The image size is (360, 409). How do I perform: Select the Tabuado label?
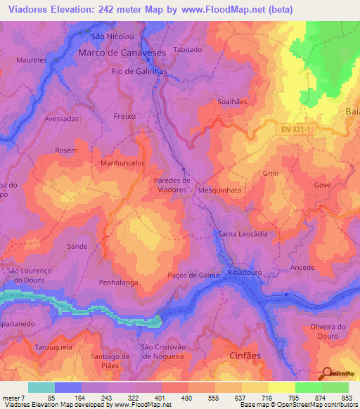pyautogui.click(x=188, y=50)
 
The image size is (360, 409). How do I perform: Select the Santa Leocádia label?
pyautogui.click(x=243, y=234)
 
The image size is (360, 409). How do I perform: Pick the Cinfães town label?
pyautogui.click(x=245, y=356)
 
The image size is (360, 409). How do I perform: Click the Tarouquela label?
pyautogui.click(x=53, y=346)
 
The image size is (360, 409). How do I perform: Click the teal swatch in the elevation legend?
pyautogui.click(x=41, y=387)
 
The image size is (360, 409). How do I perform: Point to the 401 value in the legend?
pyautogui.click(x=162, y=398)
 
